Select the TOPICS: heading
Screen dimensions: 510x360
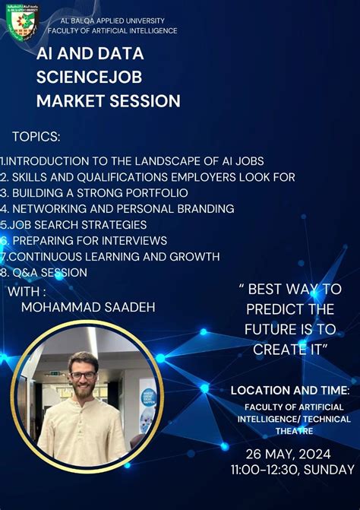[36, 137]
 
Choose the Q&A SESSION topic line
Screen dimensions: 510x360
[46, 272]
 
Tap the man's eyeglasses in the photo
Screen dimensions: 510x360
[83, 375]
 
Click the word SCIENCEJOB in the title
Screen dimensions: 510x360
[89, 77]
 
